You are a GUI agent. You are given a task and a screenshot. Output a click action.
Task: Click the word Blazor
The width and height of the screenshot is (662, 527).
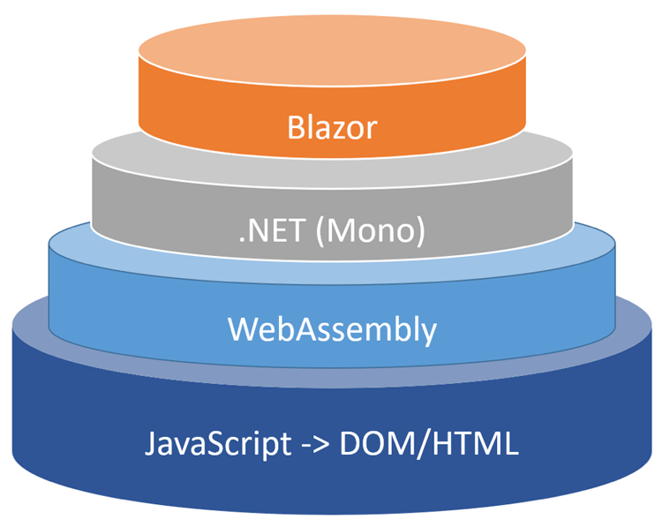click(332, 128)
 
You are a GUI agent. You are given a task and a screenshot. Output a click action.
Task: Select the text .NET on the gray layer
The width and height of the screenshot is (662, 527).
click(269, 231)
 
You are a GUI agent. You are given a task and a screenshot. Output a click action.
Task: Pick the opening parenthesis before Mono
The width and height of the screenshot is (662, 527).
click(319, 232)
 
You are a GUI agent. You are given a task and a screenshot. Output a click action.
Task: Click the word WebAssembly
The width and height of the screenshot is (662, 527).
click(332, 329)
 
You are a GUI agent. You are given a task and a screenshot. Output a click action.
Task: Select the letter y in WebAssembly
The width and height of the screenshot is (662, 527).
click(427, 333)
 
